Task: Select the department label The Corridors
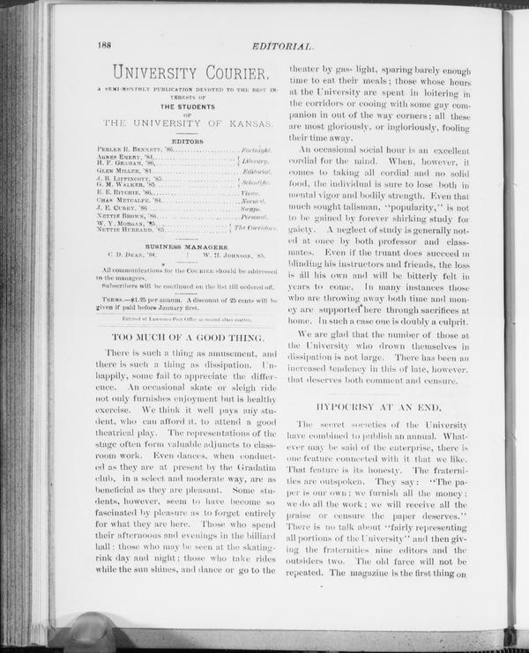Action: pyautogui.click(x=259, y=228)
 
